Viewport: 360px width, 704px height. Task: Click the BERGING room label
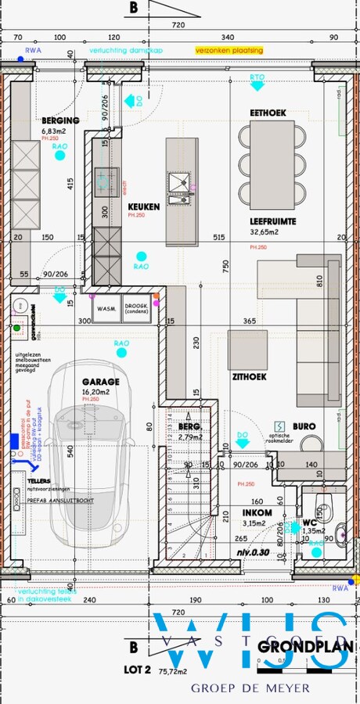point(61,121)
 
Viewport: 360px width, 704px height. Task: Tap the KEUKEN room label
point(144,207)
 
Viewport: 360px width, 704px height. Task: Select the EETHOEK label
point(268,113)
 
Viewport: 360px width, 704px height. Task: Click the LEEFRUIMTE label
point(273,221)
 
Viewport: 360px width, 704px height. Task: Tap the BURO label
point(304,427)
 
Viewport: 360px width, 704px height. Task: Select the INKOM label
point(257,513)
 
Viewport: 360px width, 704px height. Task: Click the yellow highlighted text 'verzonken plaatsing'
point(229,50)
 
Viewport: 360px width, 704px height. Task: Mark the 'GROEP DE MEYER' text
point(250,688)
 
